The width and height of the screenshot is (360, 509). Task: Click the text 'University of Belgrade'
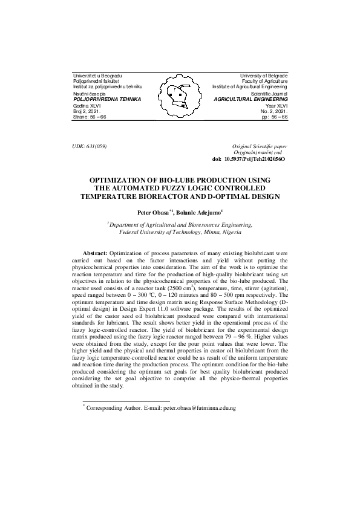[264, 74]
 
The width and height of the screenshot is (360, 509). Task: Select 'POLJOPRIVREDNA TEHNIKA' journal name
[107, 99]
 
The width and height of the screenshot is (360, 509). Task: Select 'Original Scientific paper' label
[260, 147]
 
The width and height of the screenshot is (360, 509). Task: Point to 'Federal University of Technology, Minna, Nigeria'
[180, 231]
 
